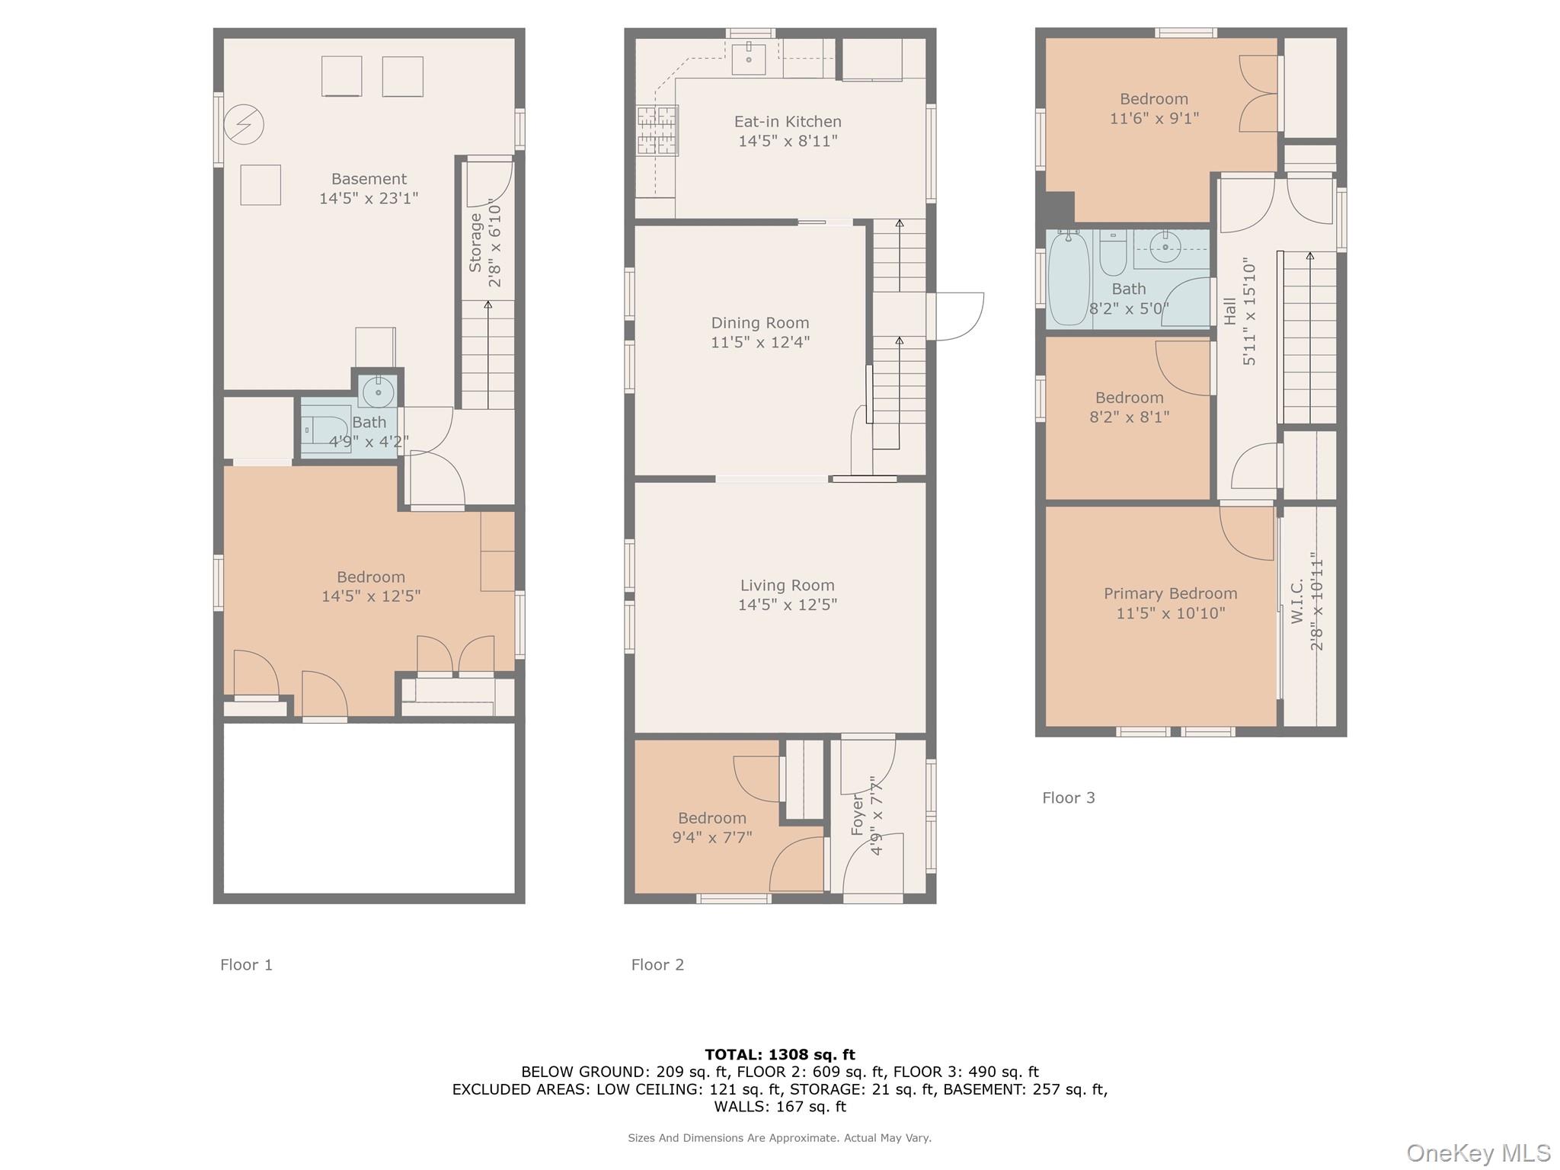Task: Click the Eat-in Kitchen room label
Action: point(787,122)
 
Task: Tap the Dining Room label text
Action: point(759,323)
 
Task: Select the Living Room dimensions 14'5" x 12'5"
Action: point(787,605)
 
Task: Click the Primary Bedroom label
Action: point(1170,594)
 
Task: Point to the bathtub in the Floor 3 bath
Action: point(1069,280)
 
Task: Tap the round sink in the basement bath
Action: point(378,392)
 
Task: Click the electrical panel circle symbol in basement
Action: point(244,124)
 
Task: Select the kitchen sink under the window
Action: point(748,57)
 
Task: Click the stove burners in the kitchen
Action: point(657,130)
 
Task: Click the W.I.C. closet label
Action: point(1298,602)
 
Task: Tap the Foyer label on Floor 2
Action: point(857,815)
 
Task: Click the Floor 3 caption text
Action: point(1068,798)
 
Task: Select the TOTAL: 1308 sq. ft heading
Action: point(779,1054)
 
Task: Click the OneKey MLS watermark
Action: point(1477,1152)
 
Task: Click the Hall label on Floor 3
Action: point(1229,312)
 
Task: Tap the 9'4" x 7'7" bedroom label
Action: point(711,828)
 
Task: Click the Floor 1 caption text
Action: point(246,964)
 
